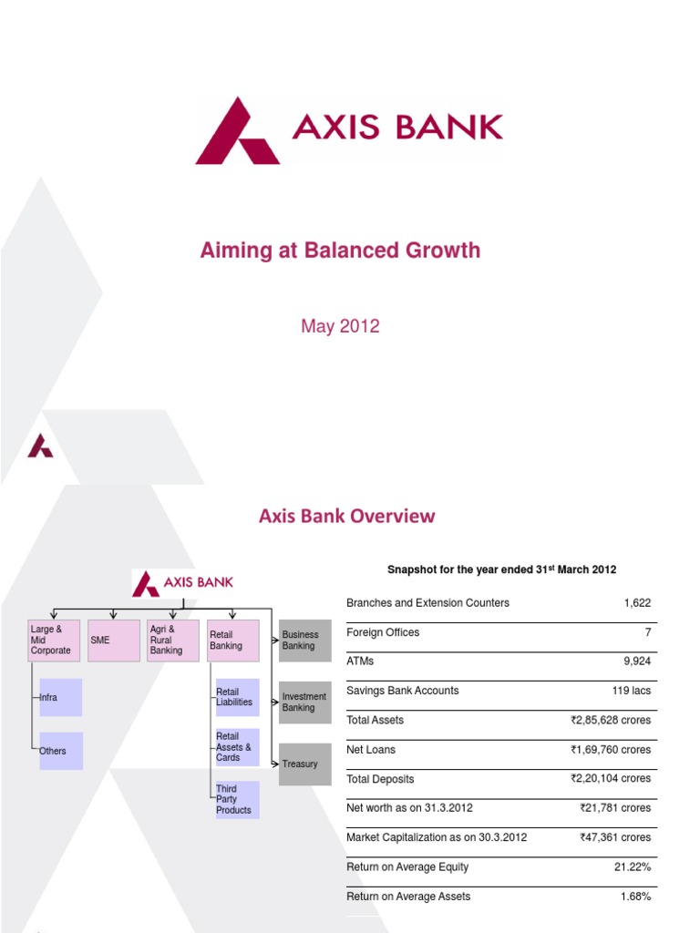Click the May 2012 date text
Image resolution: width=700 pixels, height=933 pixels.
coord(340,326)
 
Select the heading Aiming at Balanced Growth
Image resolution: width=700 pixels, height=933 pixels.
coord(340,251)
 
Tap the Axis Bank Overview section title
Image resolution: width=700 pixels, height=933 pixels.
coord(346,517)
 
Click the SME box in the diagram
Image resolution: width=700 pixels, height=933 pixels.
coord(114,641)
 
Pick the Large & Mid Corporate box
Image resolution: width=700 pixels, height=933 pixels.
coord(55,641)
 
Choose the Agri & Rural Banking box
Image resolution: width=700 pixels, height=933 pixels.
coord(172,641)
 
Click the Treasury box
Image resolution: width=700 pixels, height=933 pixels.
coord(304,764)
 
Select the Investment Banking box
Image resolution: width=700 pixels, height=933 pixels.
coord(304,702)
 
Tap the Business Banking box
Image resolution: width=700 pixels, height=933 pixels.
coord(304,641)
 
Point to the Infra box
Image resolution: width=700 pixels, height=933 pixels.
coord(61,698)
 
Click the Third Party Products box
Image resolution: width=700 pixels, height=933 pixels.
coord(237,799)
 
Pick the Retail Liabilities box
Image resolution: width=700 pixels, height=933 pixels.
coord(237,697)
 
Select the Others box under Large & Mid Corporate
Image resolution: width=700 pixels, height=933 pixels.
coord(61,751)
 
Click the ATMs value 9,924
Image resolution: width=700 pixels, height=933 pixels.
coord(632,661)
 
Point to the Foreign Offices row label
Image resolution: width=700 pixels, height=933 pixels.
coord(383,632)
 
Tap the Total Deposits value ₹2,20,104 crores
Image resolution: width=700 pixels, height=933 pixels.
coord(611,779)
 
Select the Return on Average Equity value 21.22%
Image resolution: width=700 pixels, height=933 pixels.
coord(633,866)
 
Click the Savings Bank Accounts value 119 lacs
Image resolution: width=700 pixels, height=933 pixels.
coord(631,691)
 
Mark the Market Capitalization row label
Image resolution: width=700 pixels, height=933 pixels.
coord(437,837)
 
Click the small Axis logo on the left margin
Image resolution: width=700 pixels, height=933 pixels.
coord(40,446)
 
